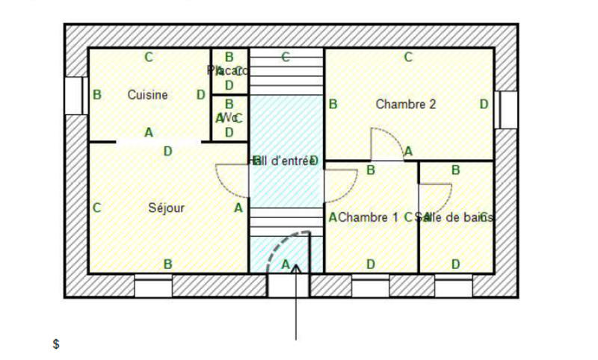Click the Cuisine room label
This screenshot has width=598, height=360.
click(147, 95)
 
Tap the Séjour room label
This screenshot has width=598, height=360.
click(167, 208)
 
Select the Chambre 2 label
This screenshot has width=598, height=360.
click(406, 105)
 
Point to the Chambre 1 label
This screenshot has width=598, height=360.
click(369, 217)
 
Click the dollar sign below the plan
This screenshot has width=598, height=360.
click(56, 344)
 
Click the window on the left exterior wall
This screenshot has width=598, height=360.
click(74, 96)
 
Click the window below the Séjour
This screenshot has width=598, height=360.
click(153, 286)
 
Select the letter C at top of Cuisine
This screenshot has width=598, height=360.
click(149, 57)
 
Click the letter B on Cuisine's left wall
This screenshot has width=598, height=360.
click(96, 95)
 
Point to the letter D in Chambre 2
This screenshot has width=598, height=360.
click(484, 105)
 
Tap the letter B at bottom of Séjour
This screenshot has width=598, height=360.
click(168, 264)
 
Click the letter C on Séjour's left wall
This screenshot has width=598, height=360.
click(96, 208)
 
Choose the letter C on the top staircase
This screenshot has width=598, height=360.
click(286, 57)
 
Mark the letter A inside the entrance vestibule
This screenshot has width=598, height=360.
click(285, 264)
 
